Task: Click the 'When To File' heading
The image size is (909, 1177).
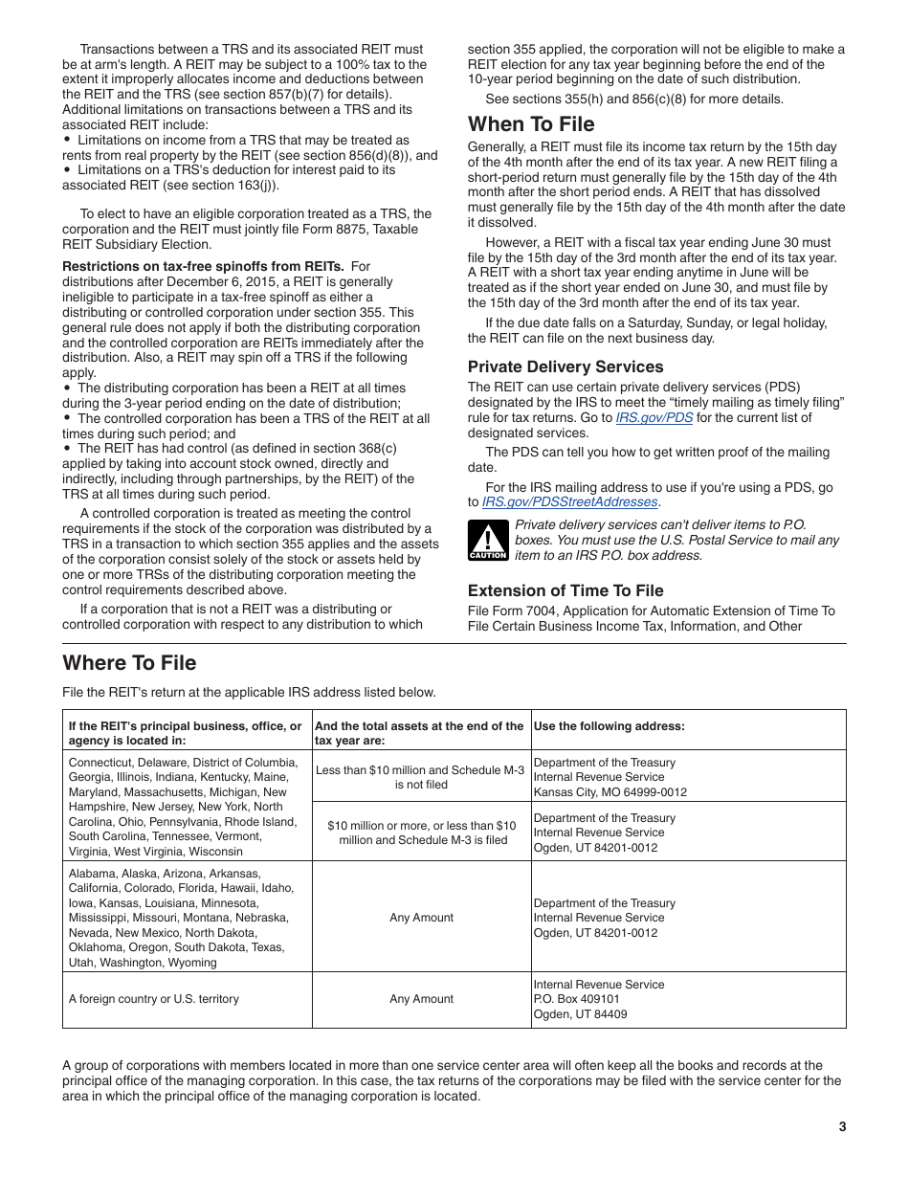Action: [x=530, y=124]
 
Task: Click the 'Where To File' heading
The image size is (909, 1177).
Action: [x=129, y=663]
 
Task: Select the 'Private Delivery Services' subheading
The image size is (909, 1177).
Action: [x=565, y=366]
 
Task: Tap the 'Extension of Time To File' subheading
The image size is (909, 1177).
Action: [x=565, y=590]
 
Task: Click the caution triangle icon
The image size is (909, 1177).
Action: [x=487, y=540]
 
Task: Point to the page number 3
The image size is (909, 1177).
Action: [x=842, y=1126]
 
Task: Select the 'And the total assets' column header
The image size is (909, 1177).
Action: [x=420, y=733]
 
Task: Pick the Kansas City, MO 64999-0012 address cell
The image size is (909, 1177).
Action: [x=688, y=777]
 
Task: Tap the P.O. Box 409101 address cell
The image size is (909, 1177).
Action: [x=688, y=999]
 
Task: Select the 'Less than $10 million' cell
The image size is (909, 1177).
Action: [x=420, y=777]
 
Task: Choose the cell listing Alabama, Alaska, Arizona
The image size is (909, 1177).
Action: [x=187, y=918]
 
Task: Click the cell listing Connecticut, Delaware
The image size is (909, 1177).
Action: [x=187, y=807]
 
